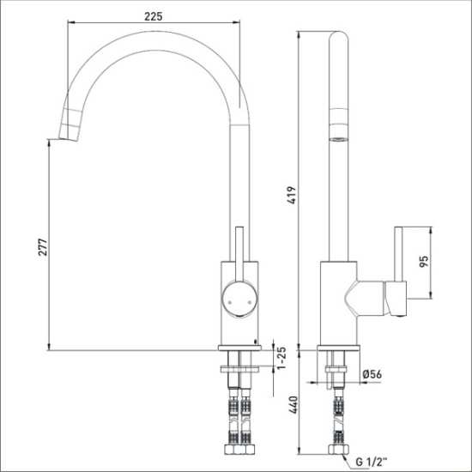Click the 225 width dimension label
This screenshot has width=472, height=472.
154,16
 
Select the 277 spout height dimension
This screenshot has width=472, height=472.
43,247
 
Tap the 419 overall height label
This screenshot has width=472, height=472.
292,196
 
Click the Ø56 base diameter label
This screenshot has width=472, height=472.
372,374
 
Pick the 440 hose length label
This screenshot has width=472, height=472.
293,404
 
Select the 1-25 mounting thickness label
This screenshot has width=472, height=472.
281,358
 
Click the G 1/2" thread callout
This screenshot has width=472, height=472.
371,462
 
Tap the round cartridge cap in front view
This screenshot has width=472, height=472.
239,299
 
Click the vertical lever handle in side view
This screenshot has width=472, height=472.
398,254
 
